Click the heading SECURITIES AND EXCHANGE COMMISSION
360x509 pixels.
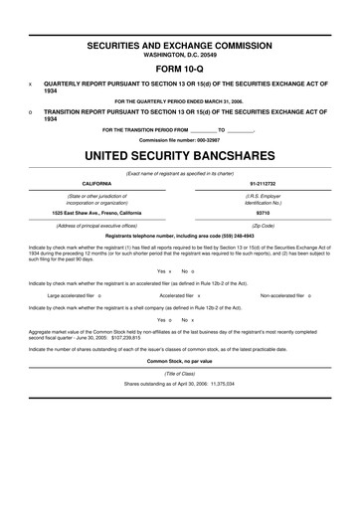coord(179,47)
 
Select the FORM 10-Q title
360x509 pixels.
coord(179,71)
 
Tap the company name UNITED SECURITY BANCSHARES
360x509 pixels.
coord(179,157)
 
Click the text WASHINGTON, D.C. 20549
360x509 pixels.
coord(179,56)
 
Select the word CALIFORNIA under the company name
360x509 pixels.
coord(95,183)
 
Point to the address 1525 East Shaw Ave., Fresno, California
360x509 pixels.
coord(96,212)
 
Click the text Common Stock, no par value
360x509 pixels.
coord(179,360)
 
